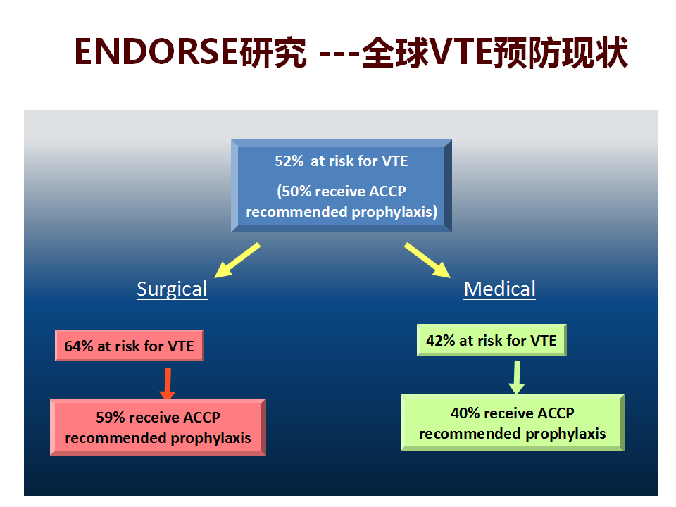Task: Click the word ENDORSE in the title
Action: (x=156, y=52)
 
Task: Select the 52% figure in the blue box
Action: (x=289, y=161)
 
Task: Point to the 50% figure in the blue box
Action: (x=296, y=192)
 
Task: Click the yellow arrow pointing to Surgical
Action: (x=237, y=260)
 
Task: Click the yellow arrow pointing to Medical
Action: (x=427, y=260)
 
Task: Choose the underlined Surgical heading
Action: (x=172, y=289)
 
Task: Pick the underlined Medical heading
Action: (x=500, y=289)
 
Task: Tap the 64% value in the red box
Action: (x=78, y=346)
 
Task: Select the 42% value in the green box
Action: (x=441, y=341)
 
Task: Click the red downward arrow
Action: (x=168, y=384)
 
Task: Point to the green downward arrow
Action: (x=516, y=377)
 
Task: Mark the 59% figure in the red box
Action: (x=111, y=418)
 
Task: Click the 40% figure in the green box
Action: (x=465, y=413)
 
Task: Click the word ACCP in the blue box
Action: (x=387, y=192)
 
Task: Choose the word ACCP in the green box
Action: (x=556, y=413)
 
